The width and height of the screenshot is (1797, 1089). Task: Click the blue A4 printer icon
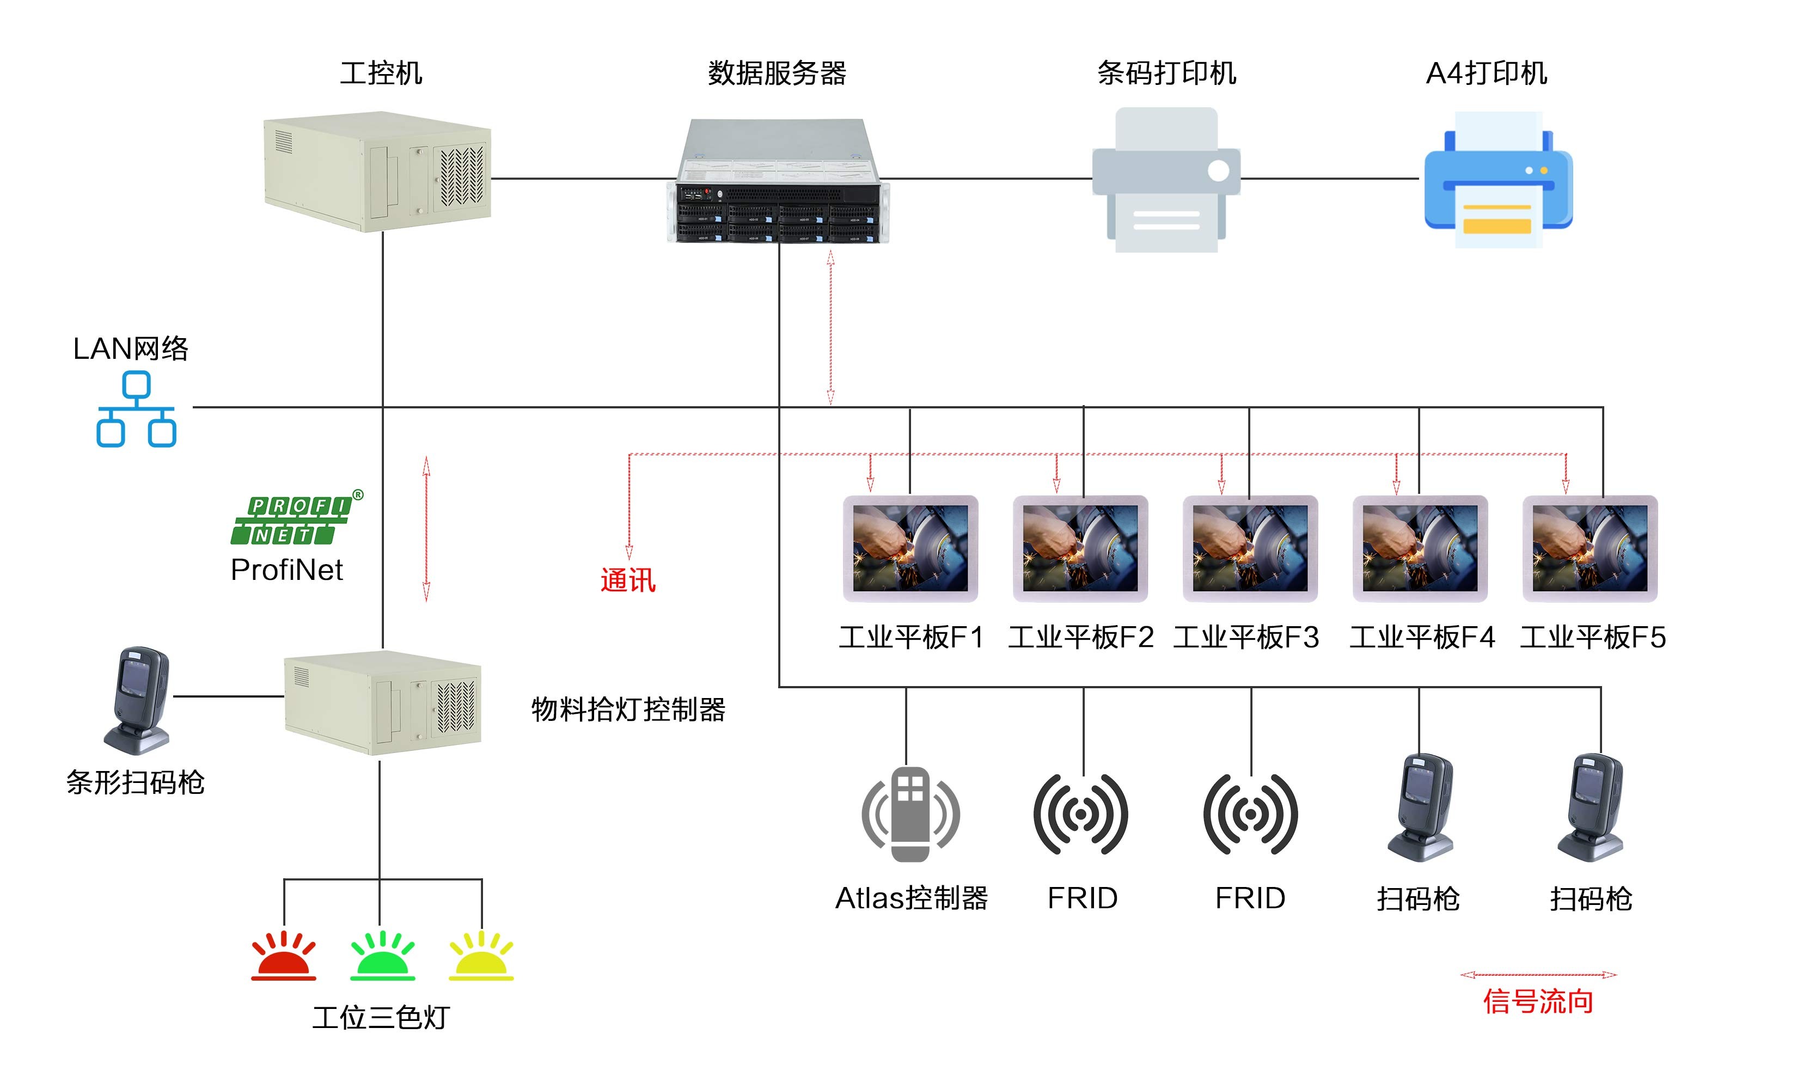point(1498,180)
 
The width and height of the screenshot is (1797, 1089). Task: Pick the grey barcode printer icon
point(1165,180)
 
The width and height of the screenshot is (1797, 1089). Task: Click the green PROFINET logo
point(292,520)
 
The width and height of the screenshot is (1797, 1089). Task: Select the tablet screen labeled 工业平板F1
point(910,548)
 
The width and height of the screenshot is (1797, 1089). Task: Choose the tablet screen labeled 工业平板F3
point(1250,548)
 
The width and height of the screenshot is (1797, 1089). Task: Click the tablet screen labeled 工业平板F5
point(1590,548)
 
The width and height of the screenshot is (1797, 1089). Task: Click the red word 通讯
point(628,580)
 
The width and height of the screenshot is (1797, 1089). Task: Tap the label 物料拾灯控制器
point(628,709)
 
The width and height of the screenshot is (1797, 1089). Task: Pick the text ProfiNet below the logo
point(286,570)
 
